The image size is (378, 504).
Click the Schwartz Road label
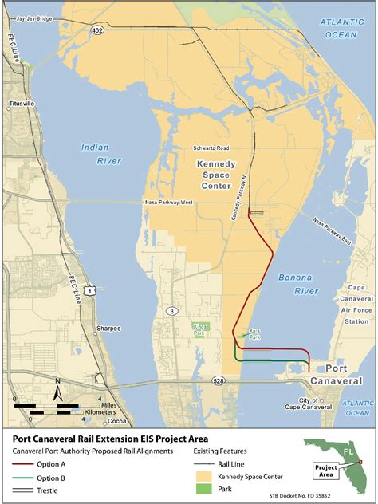point(211,148)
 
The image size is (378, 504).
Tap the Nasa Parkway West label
point(168,203)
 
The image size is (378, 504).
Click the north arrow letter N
point(57,392)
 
